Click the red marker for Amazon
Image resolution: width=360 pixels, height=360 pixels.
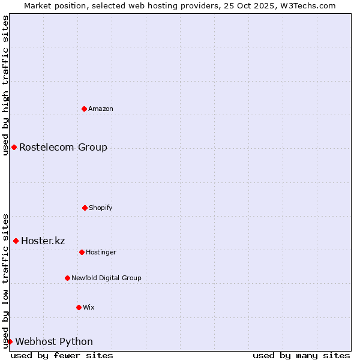coord(84,109)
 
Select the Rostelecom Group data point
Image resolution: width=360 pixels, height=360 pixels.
coord(14,147)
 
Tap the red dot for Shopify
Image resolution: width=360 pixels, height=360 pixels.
coord(85,208)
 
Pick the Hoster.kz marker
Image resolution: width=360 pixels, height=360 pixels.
coord(16,241)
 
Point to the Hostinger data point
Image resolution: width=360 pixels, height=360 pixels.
coord(82,252)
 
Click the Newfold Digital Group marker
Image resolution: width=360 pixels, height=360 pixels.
coord(67,278)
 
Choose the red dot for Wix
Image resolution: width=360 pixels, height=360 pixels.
coord(79,307)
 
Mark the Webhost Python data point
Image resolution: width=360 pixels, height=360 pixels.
coord(10,341)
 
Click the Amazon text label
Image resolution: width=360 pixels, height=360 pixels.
coord(101,109)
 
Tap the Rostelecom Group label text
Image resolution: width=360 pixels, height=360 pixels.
coord(63,147)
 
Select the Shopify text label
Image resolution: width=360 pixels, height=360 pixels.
coord(101,208)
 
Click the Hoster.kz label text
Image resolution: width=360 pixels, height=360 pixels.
coord(43,241)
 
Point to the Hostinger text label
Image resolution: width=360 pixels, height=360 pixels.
coord(101,252)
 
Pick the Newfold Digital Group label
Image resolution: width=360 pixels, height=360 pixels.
coord(106,278)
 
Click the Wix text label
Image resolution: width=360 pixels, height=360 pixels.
coord(89,307)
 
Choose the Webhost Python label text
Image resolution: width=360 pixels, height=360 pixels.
coord(54,341)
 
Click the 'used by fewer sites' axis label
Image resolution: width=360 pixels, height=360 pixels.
coord(62,355)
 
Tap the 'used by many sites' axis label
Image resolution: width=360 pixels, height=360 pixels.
coord(301,355)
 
